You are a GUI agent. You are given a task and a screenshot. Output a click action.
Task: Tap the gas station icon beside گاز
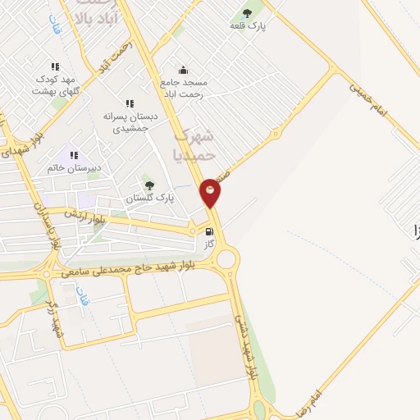point(210,232)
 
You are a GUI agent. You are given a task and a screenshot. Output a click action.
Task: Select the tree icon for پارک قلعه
point(248,12)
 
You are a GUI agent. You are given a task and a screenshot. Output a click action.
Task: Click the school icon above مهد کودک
point(55,66)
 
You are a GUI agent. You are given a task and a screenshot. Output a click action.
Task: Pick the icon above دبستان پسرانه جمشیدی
point(129,103)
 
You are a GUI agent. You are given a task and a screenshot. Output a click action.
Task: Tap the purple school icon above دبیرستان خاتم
point(74,154)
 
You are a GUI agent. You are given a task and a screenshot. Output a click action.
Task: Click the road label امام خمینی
point(367,97)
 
